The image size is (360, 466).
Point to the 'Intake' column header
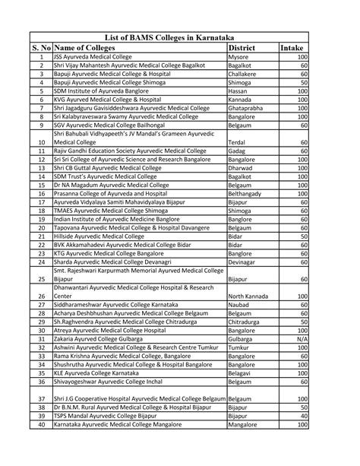(293, 47)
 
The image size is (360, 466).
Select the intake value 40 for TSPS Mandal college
(304, 417)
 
